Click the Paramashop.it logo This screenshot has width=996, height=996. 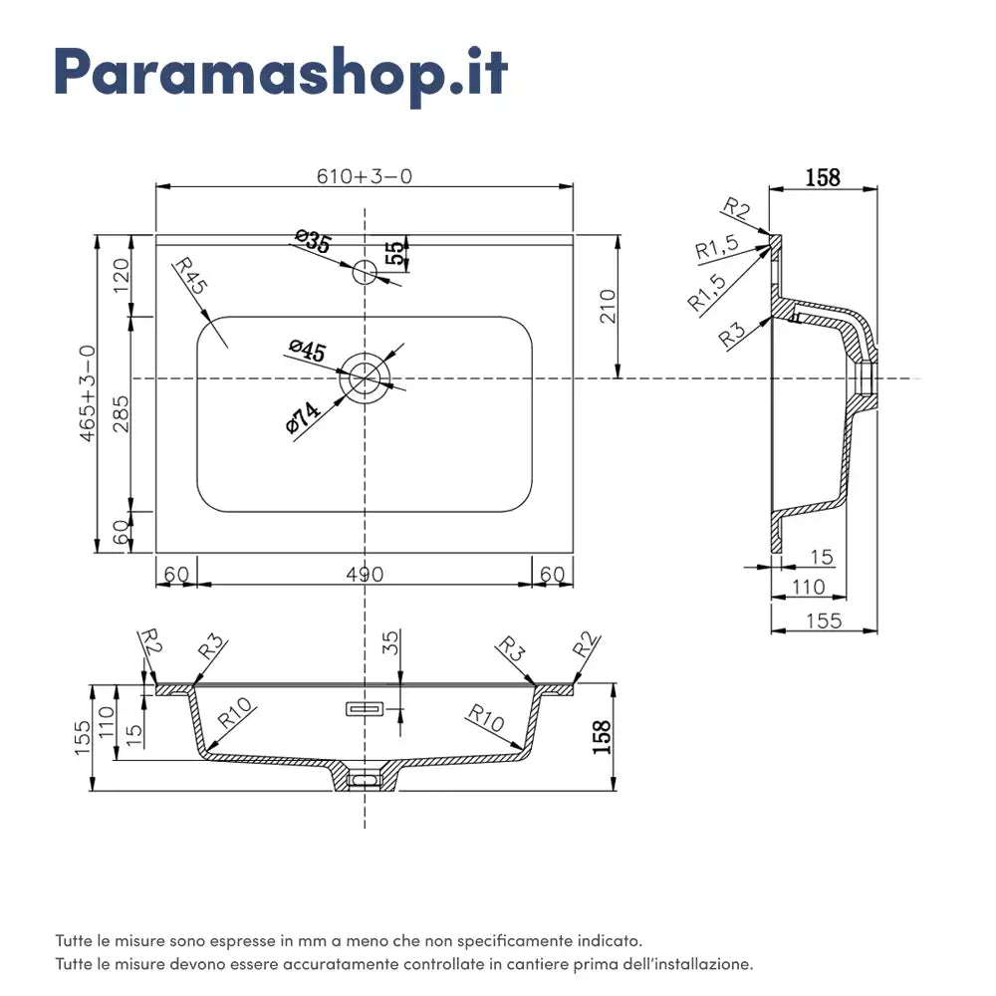pos(280,72)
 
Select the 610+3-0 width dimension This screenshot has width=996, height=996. pos(365,176)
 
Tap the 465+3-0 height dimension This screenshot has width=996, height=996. pos(88,393)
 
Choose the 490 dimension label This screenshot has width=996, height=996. pos(365,574)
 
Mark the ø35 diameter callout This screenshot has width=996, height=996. pos(313,241)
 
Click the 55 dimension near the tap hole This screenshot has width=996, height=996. pos(395,254)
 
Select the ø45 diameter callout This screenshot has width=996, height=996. pos(307,352)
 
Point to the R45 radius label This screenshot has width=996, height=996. pos(189,274)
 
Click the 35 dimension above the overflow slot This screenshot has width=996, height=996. pos(390,642)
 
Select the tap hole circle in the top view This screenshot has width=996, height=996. pos(366,269)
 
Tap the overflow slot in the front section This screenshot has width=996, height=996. pos(365,709)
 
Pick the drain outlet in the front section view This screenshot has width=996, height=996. pos(366,778)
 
